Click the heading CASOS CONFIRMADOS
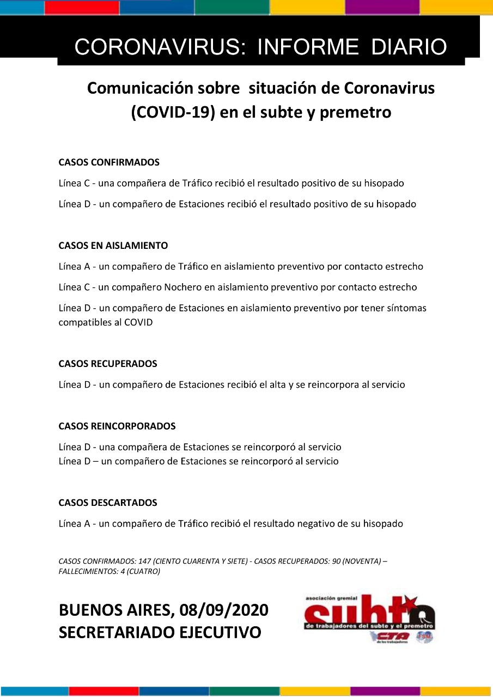coord(109,162)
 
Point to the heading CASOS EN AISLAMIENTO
coord(113,246)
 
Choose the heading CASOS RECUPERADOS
coord(108,364)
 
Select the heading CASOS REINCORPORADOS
coord(117,426)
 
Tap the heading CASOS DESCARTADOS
coord(108,503)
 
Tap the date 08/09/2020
coord(223,610)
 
